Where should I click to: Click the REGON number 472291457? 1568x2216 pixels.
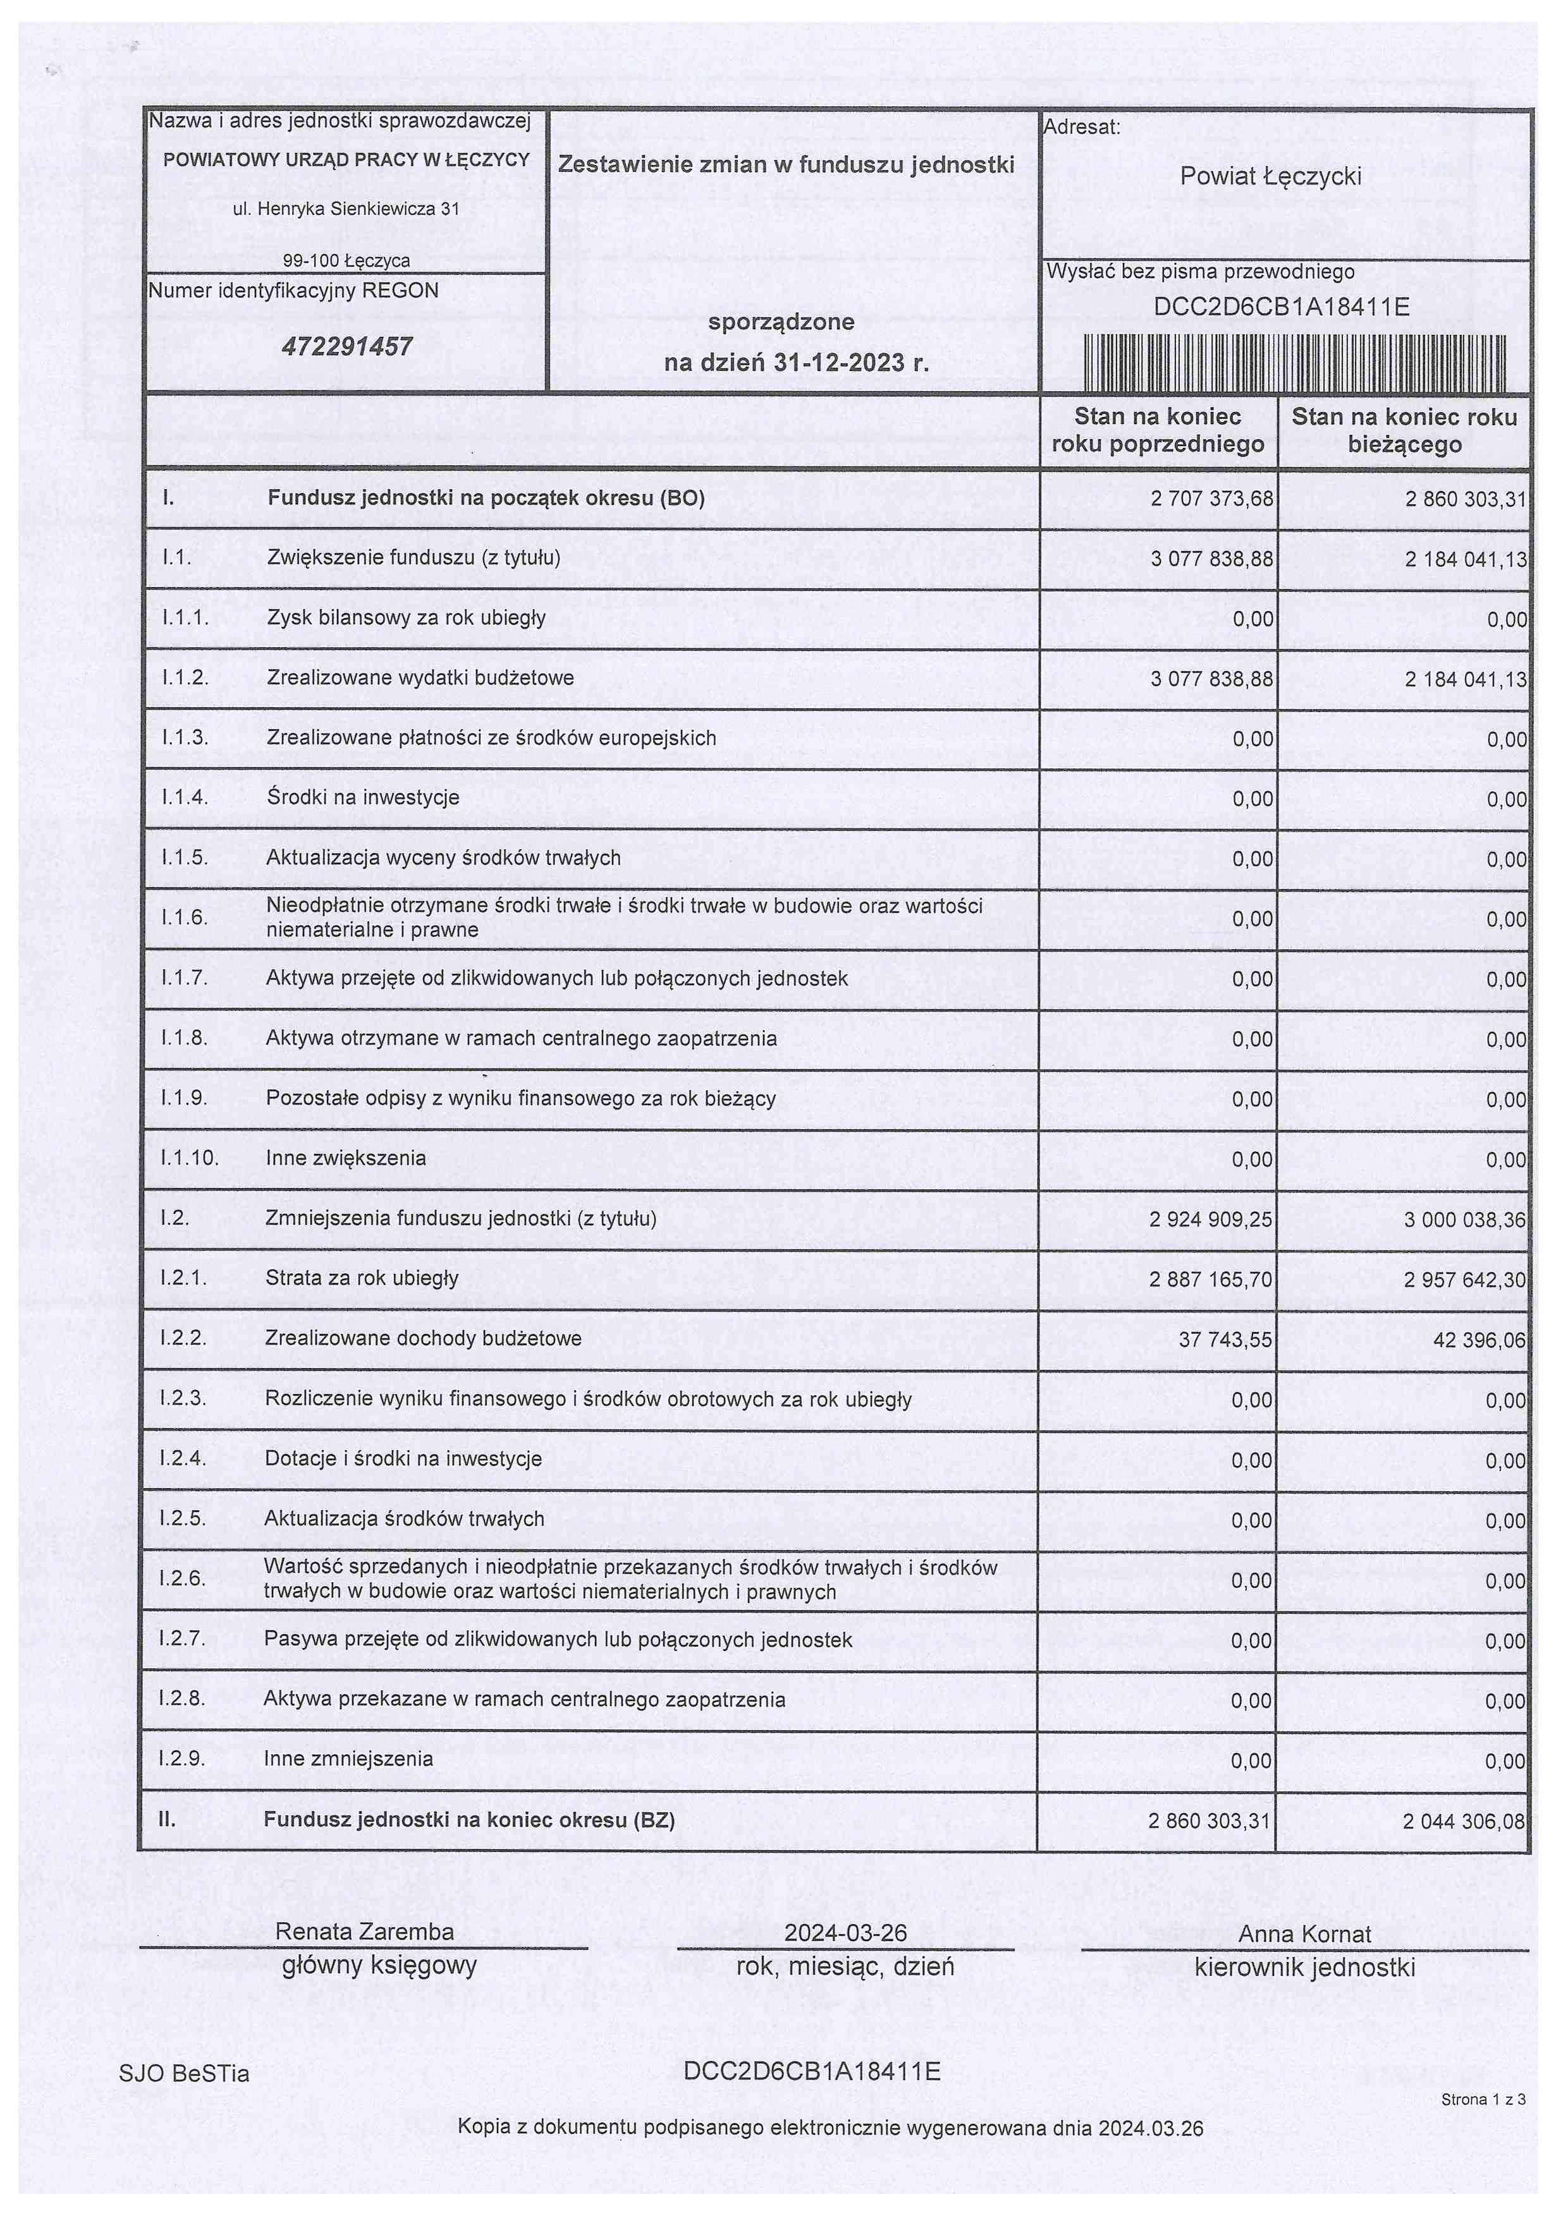pyautogui.click(x=346, y=346)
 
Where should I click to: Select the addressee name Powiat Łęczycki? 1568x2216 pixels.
pyautogui.click(x=1271, y=177)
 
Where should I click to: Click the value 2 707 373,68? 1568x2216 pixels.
pyautogui.click(x=1212, y=499)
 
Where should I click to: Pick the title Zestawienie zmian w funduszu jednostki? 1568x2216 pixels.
pyautogui.click(x=786, y=165)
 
